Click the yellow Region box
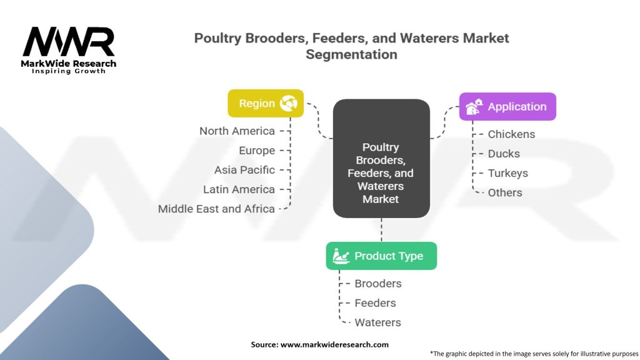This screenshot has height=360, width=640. point(266,103)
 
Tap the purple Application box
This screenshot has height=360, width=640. point(507,107)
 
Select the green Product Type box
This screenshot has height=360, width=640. point(381,256)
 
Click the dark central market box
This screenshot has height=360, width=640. point(381,159)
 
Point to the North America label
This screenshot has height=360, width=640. point(237,131)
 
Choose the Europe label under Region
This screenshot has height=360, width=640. point(256,151)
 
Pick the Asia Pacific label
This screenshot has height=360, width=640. point(244,170)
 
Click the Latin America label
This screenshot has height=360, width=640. point(239,189)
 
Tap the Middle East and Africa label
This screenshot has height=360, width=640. point(216,209)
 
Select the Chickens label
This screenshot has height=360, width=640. point(511,134)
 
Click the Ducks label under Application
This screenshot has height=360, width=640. point(504,154)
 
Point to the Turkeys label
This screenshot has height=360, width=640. point(507,173)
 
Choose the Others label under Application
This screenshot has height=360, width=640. point(505,192)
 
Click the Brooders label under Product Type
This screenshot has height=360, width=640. point(378,284)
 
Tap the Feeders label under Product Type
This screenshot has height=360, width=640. point(375,303)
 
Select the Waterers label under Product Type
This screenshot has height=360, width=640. point(377,322)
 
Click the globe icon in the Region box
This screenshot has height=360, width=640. point(289,103)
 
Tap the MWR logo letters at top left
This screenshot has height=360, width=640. point(69,42)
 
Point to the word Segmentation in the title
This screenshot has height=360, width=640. point(351,54)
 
